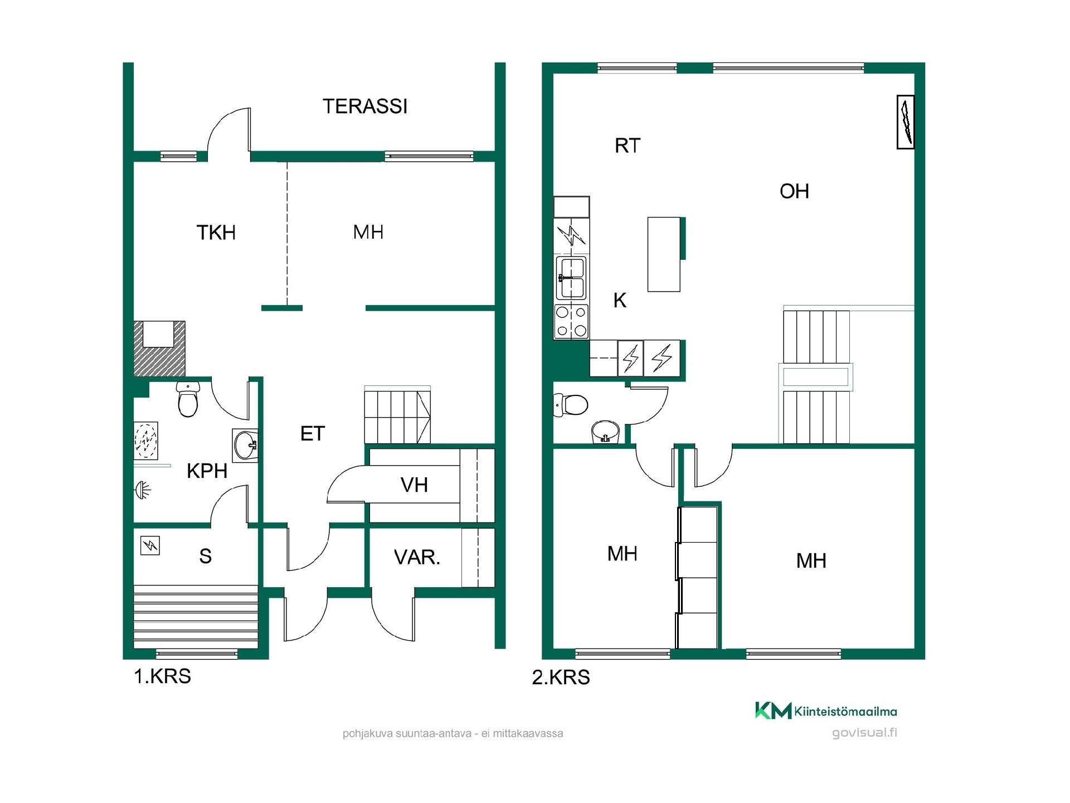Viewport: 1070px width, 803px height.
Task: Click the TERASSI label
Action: pyautogui.click(x=365, y=107)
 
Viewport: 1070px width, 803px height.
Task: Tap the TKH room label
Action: pyautogui.click(x=216, y=233)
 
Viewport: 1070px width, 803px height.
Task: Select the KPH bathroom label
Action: pyautogui.click(x=207, y=471)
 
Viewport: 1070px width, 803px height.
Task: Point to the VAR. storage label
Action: pyautogui.click(x=417, y=557)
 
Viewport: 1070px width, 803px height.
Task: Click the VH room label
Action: pyautogui.click(x=414, y=485)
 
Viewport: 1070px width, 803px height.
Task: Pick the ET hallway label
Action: pyautogui.click(x=312, y=434)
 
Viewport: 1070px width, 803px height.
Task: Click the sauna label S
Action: pyautogui.click(x=205, y=556)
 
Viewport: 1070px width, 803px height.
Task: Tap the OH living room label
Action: pyautogui.click(x=794, y=191)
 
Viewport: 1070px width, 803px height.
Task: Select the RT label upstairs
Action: pyautogui.click(x=628, y=146)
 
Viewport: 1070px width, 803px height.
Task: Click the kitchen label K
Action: pyautogui.click(x=620, y=301)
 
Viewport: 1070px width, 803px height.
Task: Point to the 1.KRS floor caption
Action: pyautogui.click(x=162, y=676)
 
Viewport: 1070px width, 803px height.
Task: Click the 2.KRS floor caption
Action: pyautogui.click(x=561, y=677)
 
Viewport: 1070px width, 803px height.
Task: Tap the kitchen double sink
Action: pyautogui.click(x=572, y=278)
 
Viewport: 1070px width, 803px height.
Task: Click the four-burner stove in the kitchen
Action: pyautogui.click(x=571, y=322)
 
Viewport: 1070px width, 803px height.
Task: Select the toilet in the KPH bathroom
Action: pyautogui.click(x=188, y=399)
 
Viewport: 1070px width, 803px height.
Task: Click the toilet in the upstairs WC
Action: pyautogui.click(x=570, y=405)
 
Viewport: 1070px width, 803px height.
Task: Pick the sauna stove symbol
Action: pyautogui.click(x=150, y=545)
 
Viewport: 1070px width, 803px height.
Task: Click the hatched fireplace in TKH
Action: pyautogui.click(x=159, y=349)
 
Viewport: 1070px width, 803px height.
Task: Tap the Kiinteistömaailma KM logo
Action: pyautogui.click(x=773, y=710)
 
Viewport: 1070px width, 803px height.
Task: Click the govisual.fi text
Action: pyautogui.click(x=864, y=733)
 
